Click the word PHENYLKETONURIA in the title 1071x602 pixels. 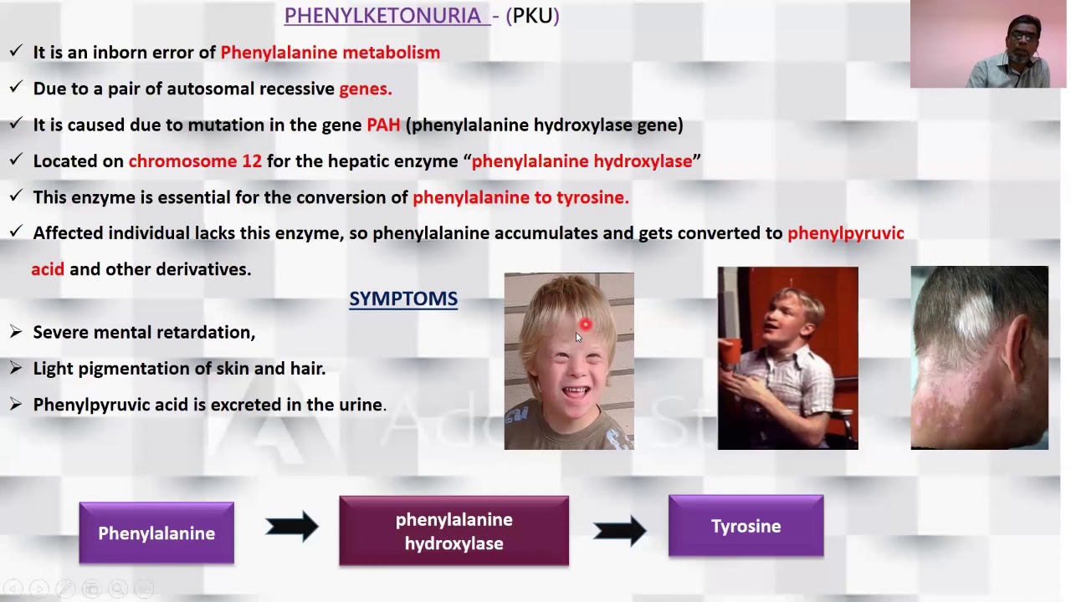pyautogui.click(x=382, y=15)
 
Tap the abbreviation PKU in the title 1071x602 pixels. pyautogui.click(x=532, y=15)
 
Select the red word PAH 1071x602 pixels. pyautogui.click(x=383, y=125)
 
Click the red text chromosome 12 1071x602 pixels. pyautogui.click(x=195, y=161)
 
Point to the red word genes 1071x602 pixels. pyautogui.click(x=365, y=89)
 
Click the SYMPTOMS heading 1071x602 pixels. pyautogui.click(x=402, y=298)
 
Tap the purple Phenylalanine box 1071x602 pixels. pyautogui.click(x=156, y=533)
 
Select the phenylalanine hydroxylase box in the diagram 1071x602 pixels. pyautogui.click(x=454, y=531)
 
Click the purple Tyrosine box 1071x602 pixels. pyautogui.click(x=746, y=526)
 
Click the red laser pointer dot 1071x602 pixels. pyautogui.click(x=585, y=324)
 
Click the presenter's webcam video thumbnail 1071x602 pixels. pyautogui.click(x=988, y=44)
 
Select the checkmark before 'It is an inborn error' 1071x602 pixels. pyautogui.click(x=15, y=52)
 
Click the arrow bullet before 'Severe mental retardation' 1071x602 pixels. pyautogui.click(x=15, y=333)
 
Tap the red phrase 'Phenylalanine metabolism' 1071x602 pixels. pyautogui.click(x=330, y=53)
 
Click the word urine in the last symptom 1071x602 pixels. pyautogui.click(x=360, y=405)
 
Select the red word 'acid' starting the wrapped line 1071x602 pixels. pyautogui.click(x=48, y=269)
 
